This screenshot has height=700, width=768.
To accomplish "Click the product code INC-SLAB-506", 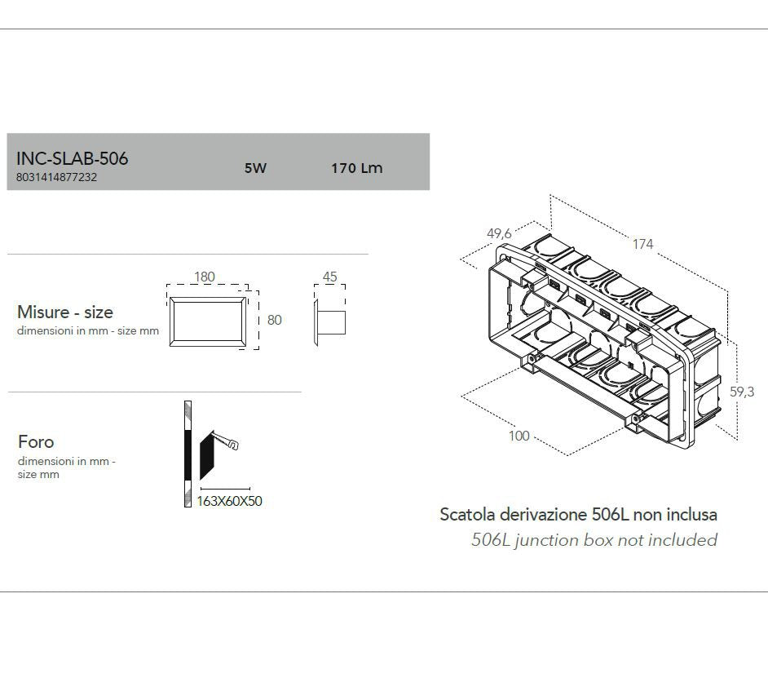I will click(x=72, y=158).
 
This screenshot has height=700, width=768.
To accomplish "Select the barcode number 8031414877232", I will click(x=56, y=177).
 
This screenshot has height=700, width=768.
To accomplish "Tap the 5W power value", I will click(x=255, y=168).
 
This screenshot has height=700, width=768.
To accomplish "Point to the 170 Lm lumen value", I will click(x=356, y=168).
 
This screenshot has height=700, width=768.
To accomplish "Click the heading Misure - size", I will click(x=65, y=312).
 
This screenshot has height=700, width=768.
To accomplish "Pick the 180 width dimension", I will click(x=204, y=277).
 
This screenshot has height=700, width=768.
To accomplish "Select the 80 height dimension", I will click(x=274, y=320).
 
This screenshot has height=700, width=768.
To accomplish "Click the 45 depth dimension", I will click(x=329, y=277).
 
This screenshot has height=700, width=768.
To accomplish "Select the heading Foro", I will click(x=36, y=441).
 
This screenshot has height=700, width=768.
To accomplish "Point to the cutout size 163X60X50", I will click(x=229, y=501).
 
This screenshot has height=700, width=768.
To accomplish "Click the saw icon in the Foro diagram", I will click(x=224, y=442).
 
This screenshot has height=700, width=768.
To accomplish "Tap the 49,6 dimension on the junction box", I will click(x=499, y=233).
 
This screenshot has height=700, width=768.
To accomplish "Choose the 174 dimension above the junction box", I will click(x=642, y=244).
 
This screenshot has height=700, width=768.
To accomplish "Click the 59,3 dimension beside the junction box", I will click(x=741, y=392).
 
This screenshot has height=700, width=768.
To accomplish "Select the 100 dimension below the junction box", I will click(x=519, y=436).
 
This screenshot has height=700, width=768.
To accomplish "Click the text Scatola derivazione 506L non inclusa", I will click(x=578, y=514).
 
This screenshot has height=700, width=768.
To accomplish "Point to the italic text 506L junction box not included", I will click(x=594, y=539).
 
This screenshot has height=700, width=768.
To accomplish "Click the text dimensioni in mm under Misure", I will click(x=88, y=331).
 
